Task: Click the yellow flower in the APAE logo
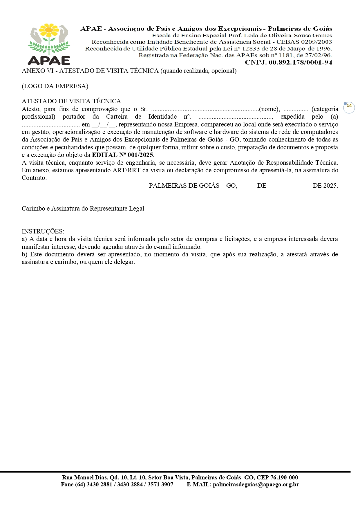pyautogui.click(x=49, y=30)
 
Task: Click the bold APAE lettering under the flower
pyautogui.click(x=49, y=60)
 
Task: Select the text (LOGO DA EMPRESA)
pyautogui.click(x=55, y=86)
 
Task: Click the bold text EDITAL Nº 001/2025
pyautogui.click(x=122, y=155)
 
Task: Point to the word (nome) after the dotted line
pyautogui.click(x=269, y=109)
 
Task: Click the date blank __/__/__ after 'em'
pyautogui.click(x=104, y=124)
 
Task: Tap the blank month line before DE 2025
pyautogui.click(x=289, y=186)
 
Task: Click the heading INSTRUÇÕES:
pyautogui.click(x=43, y=231)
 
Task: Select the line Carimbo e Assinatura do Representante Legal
pyautogui.click(x=83, y=209)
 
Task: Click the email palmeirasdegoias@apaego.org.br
pyautogui.click(x=256, y=485)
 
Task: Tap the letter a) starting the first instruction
pyautogui.click(x=24, y=239)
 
